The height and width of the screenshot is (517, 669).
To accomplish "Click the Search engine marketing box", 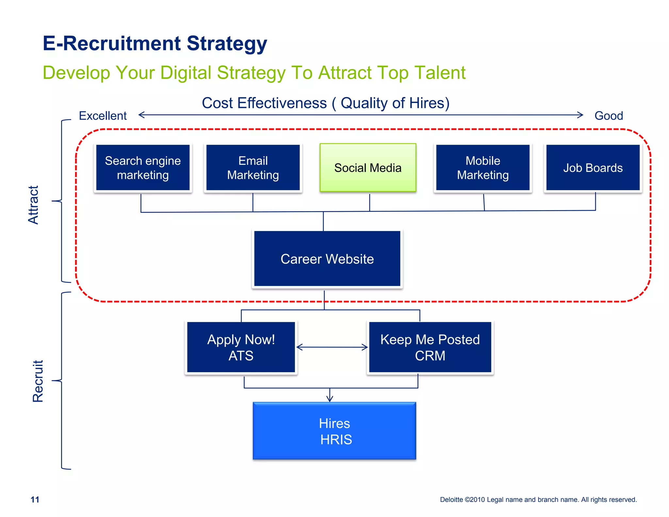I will click(x=143, y=168).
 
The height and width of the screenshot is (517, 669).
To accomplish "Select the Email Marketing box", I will click(x=253, y=168).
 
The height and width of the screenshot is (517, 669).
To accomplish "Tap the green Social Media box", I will click(x=368, y=168).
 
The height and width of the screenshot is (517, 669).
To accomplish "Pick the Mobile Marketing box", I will click(x=483, y=168).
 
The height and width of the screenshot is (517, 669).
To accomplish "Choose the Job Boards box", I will click(x=593, y=168).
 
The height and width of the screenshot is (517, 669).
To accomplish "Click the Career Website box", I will click(x=327, y=259).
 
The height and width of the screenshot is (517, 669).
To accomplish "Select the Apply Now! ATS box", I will click(x=241, y=347).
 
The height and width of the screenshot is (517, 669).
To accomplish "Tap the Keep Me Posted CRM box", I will click(x=430, y=347).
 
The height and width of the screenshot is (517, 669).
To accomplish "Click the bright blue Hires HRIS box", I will click(x=334, y=431).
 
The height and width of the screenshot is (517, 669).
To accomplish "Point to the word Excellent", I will click(x=103, y=116).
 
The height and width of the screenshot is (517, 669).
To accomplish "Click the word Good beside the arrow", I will click(x=609, y=116).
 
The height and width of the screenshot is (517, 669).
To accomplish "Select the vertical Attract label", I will click(x=33, y=205).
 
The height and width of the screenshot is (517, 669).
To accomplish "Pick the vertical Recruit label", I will click(x=38, y=381).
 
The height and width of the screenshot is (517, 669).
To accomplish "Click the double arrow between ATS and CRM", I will click(x=332, y=347).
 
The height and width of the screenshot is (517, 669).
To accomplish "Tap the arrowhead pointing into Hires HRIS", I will click(x=330, y=399).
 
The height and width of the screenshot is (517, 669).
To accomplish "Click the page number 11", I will click(x=35, y=499).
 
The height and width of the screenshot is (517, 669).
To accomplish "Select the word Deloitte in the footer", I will click(x=451, y=500).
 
